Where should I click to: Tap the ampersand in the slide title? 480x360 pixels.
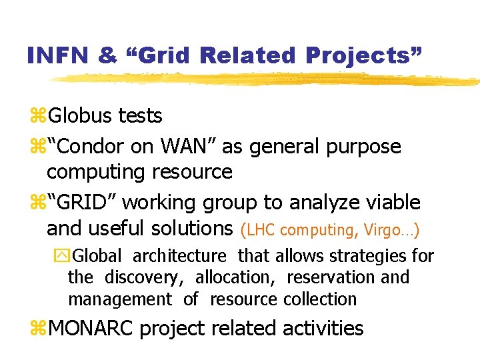(x=107, y=55)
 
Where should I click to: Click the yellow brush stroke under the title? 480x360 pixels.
(x=267, y=79)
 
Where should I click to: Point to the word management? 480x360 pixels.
(x=120, y=300)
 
